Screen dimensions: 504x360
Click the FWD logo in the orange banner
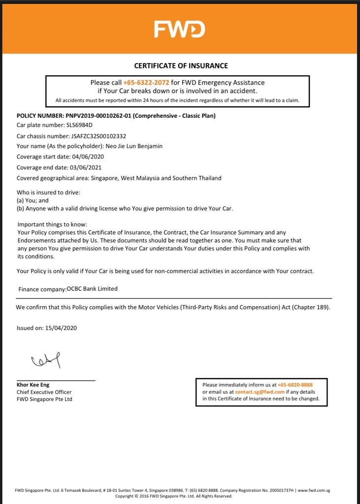click(179, 30)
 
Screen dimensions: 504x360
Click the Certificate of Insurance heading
click(181, 65)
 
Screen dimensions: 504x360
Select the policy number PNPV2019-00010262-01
click(98, 116)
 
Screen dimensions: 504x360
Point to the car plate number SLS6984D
click(79, 125)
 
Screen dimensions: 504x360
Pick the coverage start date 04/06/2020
click(88, 157)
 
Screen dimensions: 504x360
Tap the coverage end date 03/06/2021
click(86, 167)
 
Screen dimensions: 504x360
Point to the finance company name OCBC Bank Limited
click(92, 289)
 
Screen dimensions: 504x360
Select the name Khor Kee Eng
click(33, 385)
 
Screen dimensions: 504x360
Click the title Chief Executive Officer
click(44, 392)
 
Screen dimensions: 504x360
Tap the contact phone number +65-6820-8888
click(295, 385)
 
